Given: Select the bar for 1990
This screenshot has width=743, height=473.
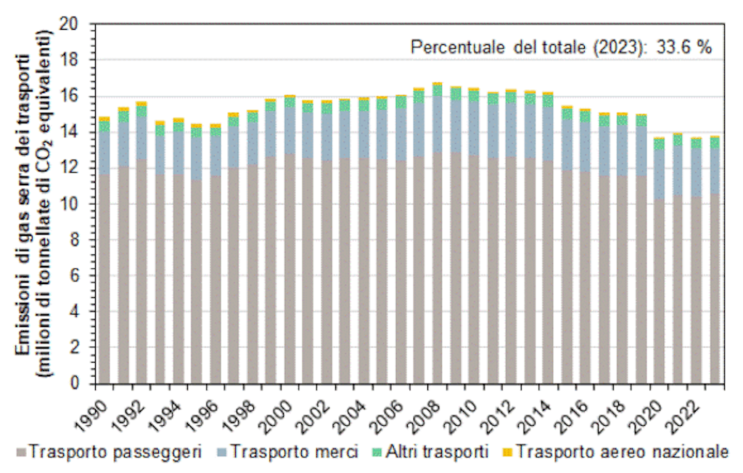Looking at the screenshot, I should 104,254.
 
